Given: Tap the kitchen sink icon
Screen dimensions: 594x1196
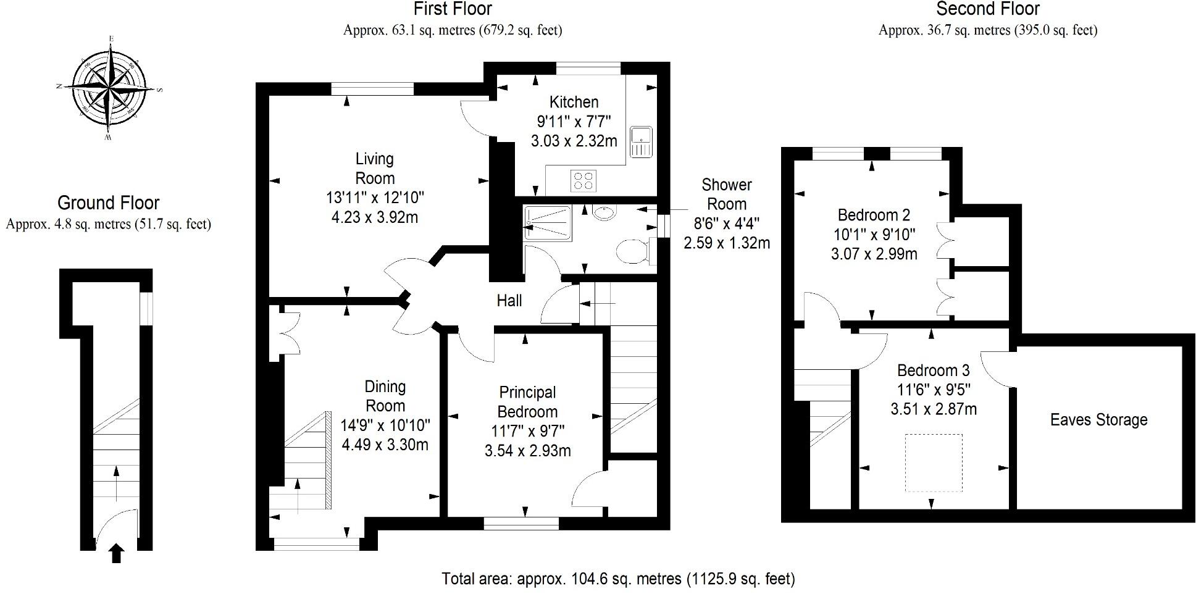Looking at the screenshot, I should (x=641, y=142).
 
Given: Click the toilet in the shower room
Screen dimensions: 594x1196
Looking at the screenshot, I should (x=633, y=251).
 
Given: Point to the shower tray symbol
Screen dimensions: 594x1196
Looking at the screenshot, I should (x=548, y=223).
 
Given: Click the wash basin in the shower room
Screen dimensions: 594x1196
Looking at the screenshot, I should (x=603, y=213).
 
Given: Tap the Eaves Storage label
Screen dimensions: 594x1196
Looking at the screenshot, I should (x=1098, y=420).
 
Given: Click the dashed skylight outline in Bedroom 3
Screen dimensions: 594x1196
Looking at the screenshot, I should (x=934, y=462).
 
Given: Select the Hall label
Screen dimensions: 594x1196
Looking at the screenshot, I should (x=509, y=301).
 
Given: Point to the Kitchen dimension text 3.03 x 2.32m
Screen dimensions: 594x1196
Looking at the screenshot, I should (x=574, y=141).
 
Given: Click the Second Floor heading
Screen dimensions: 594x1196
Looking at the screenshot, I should (x=988, y=9).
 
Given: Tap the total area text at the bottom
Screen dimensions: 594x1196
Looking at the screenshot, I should (x=618, y=579).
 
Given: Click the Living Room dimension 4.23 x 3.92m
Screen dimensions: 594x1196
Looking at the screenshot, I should (x=375, y=217).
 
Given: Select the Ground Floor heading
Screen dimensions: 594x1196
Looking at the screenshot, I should (x=108, y=203).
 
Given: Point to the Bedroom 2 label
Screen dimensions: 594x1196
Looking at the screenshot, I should (x=874, y=215).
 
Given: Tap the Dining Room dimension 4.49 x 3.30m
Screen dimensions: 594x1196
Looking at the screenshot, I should (x=385, y=445).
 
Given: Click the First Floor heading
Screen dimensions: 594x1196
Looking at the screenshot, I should (x=453, y=9).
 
